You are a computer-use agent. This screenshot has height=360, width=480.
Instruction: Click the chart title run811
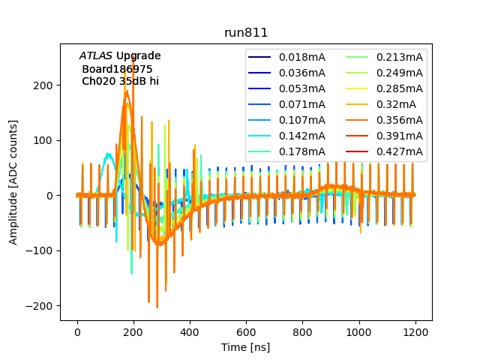(246, 33)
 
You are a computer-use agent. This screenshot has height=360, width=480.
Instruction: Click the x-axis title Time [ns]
(246, 347)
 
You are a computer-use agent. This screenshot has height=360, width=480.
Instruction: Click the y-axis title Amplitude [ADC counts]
(13, 184)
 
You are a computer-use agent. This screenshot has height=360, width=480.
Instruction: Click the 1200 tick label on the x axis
(415, 331)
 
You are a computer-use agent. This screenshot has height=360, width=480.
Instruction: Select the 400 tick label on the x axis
(190, 331)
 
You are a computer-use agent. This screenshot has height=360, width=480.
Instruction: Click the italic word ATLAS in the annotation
(96, 55)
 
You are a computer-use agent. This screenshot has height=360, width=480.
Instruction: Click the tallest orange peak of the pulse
(127, 91)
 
